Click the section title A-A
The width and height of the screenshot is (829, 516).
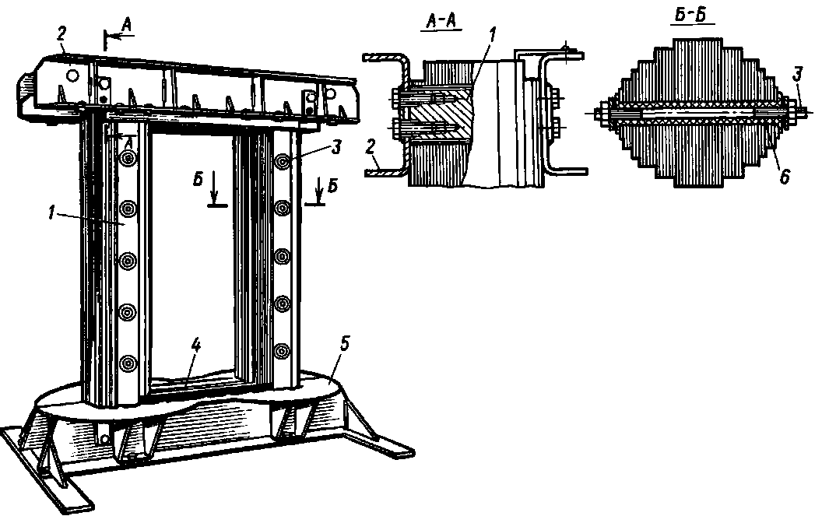[440, 23]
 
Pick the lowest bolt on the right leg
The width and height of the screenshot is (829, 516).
[281, 350]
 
